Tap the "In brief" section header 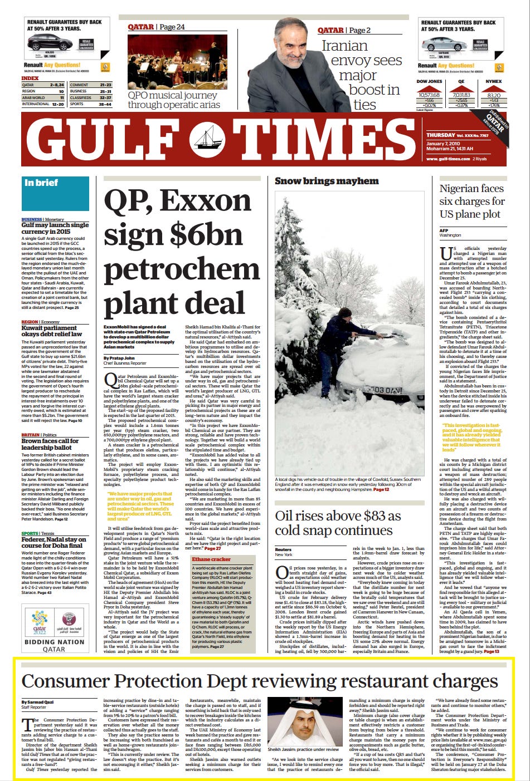pyautogui.click(x=41, y=183)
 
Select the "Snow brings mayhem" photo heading pyautogui.click(x=327, y=181)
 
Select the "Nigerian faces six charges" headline pyautogui.click(x=472, y=201)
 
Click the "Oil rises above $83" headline pyautogui.click(x=338, y=523)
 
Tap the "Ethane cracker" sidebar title pyautogui.click(x=211, y=559)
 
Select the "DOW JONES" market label pyautogui.click(x=429, y=82)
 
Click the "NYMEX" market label pyautogui.click(x=493, y=82)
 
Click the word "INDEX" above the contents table pyautogui.click(x=30, y=78)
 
